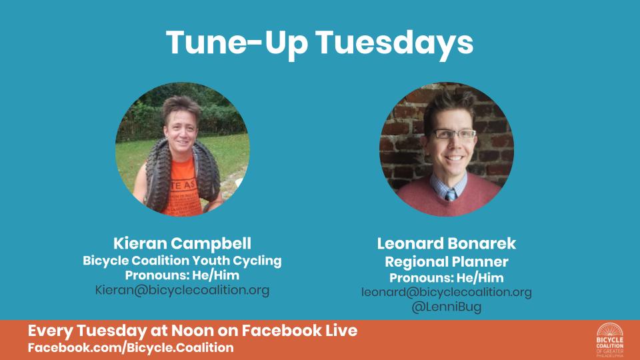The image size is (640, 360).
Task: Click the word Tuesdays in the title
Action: [395, 43]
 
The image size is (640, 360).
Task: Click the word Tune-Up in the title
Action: [237, 43]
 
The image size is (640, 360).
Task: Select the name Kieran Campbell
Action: [182, 243]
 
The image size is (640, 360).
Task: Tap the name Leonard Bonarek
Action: [446, 243]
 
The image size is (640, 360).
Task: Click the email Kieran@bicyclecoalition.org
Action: [182, 290]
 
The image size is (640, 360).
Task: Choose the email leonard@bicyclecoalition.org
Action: [447, 292]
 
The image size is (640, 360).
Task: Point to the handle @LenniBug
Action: [446, 307]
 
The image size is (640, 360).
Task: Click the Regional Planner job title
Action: [447, 261]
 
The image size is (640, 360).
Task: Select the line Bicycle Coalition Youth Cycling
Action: [182, 261]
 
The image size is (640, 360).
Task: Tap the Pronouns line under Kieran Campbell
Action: [182, 275]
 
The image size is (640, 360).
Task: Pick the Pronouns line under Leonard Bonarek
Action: [447, 277]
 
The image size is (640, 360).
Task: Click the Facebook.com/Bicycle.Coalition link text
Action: [131, 348]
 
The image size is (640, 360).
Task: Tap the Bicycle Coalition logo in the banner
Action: [610, 340]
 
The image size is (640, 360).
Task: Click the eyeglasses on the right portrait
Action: [454, 133]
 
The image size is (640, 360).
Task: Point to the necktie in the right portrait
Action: [450, 195]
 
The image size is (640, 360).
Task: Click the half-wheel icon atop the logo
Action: [610, 329]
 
